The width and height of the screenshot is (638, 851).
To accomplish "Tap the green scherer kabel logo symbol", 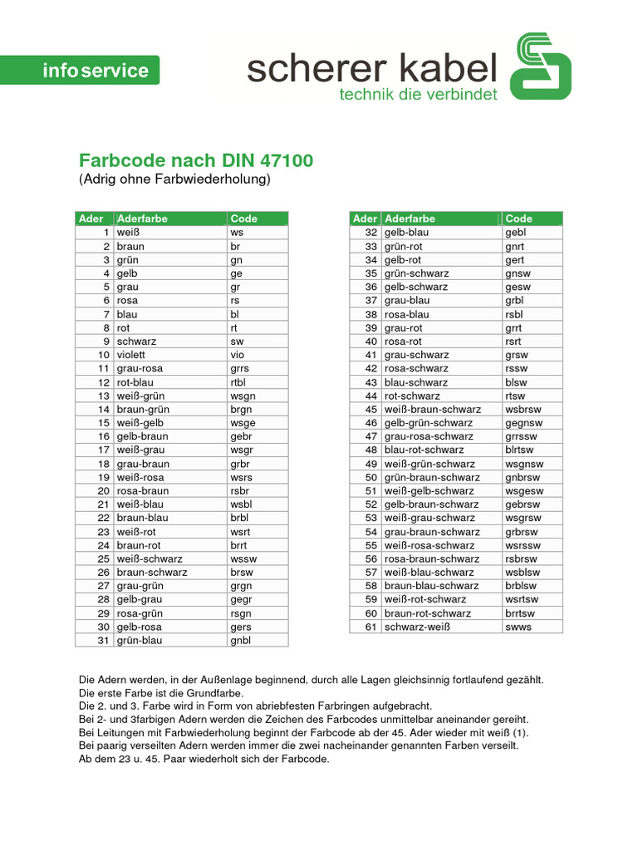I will tap(540, 66).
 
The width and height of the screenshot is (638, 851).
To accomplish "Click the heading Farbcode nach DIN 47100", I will tap(196, 160).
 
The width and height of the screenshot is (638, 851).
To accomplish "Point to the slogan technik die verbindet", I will tap(419, 94).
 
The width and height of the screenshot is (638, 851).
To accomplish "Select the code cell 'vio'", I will tap(238, 355).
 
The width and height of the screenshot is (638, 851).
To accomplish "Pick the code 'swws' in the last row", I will tap(518, 627).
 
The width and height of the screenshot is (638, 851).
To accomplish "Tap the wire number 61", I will tap(371, 627).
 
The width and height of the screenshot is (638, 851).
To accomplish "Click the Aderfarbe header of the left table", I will tap(142, 219).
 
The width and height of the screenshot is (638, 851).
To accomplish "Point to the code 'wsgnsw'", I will tap(524, 464).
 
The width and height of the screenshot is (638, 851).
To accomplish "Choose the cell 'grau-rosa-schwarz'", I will tap(429, 436).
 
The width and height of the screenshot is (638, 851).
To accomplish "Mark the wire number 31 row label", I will tap(104, 640).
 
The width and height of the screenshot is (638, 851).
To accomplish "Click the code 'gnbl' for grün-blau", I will tap(240, 640).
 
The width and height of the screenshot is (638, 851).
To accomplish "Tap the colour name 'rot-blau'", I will tap(135, 382).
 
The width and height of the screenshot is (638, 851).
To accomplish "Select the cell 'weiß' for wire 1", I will tap(128, 233).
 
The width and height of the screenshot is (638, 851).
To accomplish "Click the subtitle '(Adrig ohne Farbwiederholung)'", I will tap(175, 179).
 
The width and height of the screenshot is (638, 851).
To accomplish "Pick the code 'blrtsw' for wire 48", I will tap(520, 450).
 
